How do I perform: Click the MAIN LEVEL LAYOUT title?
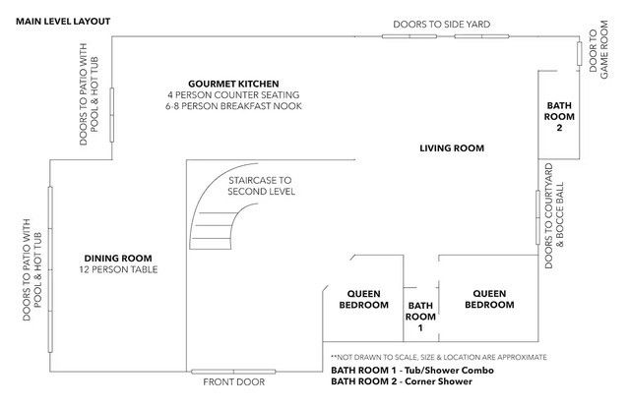tap(63, 22)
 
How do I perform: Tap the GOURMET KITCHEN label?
tap(233, 84)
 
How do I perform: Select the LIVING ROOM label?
tap(452, 148)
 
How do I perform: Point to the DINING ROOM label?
tap(118, 259)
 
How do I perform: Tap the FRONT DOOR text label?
tap(234, 382)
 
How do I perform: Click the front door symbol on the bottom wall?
tap(233, 372)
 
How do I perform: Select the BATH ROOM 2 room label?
tap(559, 117)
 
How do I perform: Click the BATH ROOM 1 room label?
tap(420, 317)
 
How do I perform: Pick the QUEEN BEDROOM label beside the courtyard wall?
tap(489, 299)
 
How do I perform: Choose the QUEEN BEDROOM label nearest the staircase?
tap(363, 299)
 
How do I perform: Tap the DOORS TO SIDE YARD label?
tap(442, 25)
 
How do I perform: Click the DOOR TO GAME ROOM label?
tap(598, 50)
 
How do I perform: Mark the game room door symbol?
tap(580, 53)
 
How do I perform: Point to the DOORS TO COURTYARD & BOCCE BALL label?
tap(554, 216)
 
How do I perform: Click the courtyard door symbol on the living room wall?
tap(538, 217)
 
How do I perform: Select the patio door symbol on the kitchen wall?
tap(111, 115)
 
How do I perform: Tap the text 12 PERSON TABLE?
tap(118, 269)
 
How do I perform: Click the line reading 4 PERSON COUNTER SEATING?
tap(233, 95)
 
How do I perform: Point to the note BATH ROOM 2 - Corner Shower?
tap(402, 381)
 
